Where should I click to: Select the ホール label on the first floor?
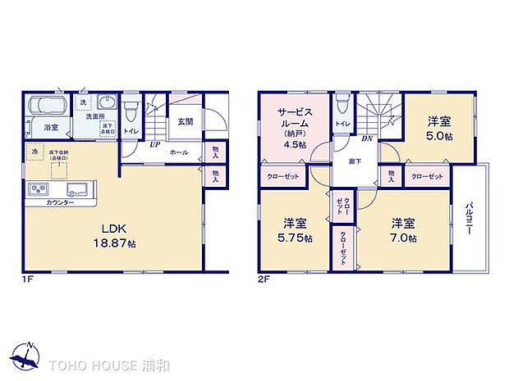click(x=179, y=152)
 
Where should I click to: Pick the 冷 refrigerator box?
click(x=34, y=152)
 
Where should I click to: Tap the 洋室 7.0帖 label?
click(x=403, y=230)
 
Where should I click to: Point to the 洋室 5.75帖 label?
click(x=297, y=230)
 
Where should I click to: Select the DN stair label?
click(x=369, y=139)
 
